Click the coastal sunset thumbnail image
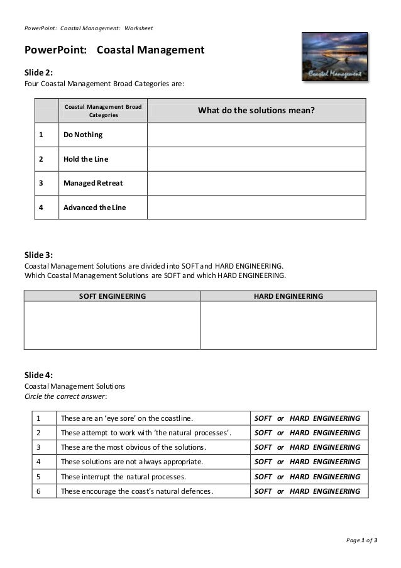click(334, 58)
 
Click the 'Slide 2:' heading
click(38, 72)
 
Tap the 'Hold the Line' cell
click(85, 159)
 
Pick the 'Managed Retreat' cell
click(93, 183)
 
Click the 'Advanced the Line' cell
click(94, 207)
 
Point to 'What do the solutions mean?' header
click(256, 111)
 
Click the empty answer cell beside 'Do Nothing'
click(256, 135)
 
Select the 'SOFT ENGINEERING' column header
click(112, 296)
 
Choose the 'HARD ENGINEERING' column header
click(288, 296)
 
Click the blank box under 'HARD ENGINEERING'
click(288, 325)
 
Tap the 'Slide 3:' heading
click(38, 255)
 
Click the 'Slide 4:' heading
click(38, 376)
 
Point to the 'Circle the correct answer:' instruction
click(65, 397)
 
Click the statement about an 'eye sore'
click(126, 418)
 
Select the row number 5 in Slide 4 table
click(39, 476)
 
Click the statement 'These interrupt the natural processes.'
click(131, 476)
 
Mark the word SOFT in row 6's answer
click(263, 491)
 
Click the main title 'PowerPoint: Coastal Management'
click(114, 50)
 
